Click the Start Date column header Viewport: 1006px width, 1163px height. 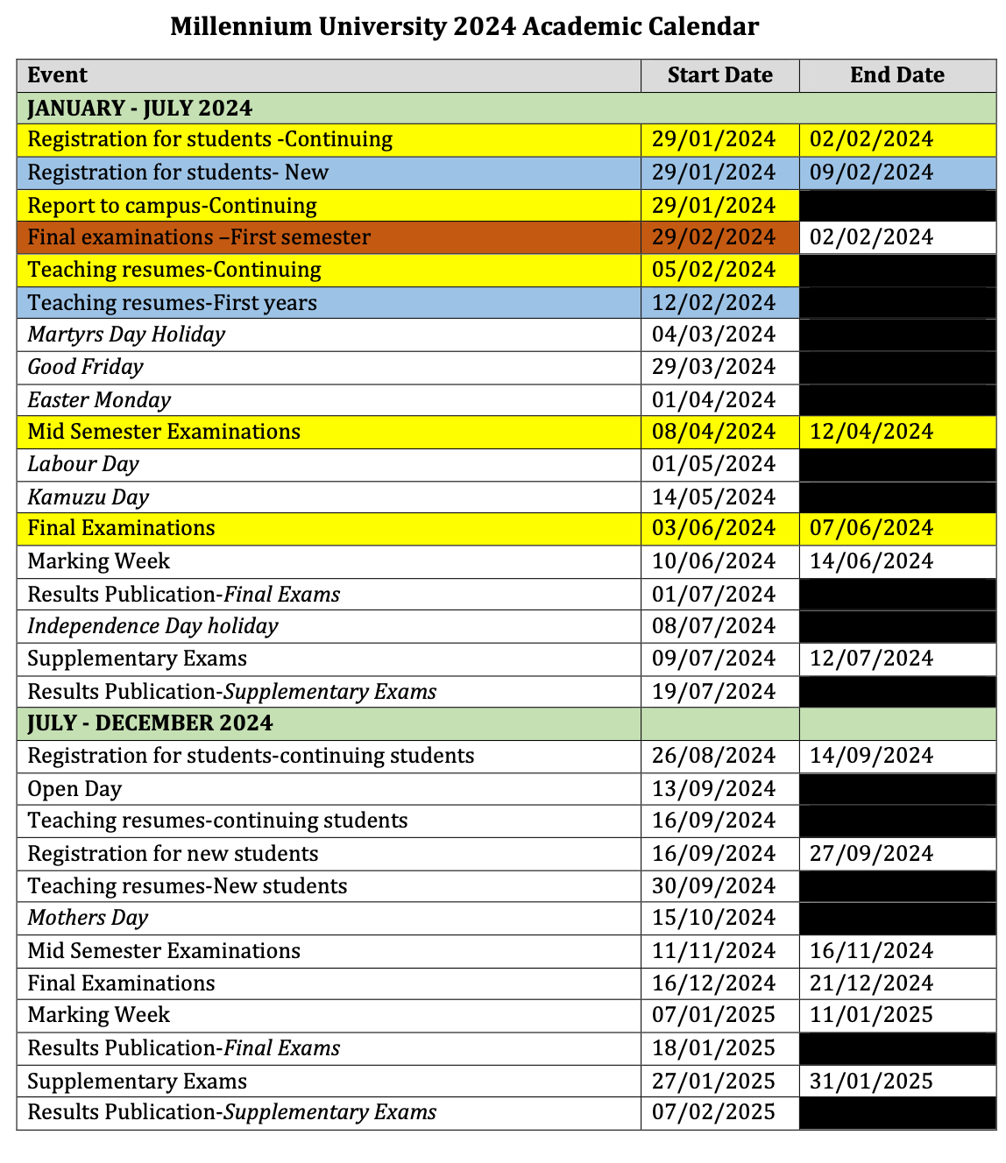719,75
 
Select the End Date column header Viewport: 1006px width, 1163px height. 896,75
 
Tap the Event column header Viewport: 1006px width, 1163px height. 58,75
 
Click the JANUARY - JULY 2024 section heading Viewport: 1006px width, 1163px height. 140,108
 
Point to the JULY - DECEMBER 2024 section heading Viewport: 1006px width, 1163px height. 151,723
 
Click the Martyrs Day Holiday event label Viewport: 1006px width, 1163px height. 126,335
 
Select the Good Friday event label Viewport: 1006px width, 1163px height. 85,367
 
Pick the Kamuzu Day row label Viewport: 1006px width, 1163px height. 89,497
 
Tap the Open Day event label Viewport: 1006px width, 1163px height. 74,789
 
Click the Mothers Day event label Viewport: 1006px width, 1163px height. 88,918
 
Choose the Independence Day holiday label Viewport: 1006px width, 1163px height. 152,626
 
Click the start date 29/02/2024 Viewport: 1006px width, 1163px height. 713,237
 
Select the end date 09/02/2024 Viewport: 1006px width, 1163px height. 871,173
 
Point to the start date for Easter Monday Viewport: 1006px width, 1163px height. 713,400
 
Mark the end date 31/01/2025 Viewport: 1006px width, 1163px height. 871,1082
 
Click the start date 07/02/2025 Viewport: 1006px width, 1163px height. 713,1112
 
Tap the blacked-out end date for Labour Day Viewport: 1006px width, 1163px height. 897,464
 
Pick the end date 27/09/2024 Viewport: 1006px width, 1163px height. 871,854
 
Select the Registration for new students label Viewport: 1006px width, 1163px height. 173,854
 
